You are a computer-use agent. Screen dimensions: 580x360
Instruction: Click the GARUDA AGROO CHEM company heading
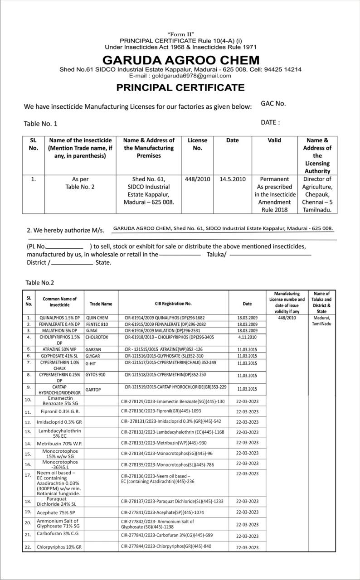click(181, 60)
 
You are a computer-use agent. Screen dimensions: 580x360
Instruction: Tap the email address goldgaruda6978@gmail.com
click(180, 76)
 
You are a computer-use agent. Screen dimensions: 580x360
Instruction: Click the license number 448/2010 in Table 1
click(198, 179)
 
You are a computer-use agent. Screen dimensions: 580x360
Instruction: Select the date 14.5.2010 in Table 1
click(232, 179)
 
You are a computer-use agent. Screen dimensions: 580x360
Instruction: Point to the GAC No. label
click(273, 103)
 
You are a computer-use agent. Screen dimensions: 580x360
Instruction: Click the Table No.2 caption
click(39, 283)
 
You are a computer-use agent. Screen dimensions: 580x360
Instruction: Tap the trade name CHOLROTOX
click(97, 338)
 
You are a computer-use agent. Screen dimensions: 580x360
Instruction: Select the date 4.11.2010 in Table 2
click(247, 337)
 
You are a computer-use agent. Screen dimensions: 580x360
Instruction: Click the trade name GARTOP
click(93, 390)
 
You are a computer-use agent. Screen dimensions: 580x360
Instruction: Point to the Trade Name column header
click(101, 304)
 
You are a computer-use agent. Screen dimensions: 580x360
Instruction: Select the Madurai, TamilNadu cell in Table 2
click(321, 321)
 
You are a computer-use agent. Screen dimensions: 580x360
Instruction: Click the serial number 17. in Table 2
click(28, 475)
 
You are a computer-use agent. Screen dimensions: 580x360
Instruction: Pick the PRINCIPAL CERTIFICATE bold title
click(180, 87)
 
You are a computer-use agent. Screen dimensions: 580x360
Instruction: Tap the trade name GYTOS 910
click(95, 375)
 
